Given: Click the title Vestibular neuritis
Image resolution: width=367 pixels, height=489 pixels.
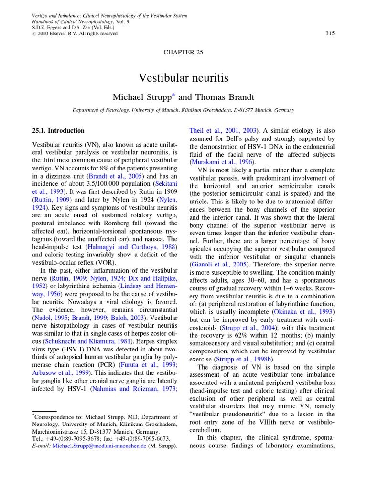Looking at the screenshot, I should [x=183, y=77].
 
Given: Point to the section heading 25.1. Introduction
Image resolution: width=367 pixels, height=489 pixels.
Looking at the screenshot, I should [x=58, y=130].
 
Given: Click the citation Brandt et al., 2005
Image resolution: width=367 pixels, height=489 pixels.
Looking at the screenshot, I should [x=117, y=176].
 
